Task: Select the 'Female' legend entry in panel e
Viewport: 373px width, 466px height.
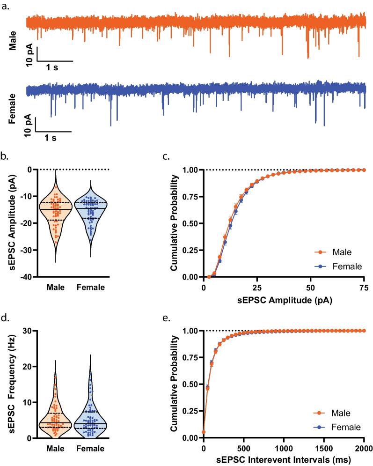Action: coord(335,427)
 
